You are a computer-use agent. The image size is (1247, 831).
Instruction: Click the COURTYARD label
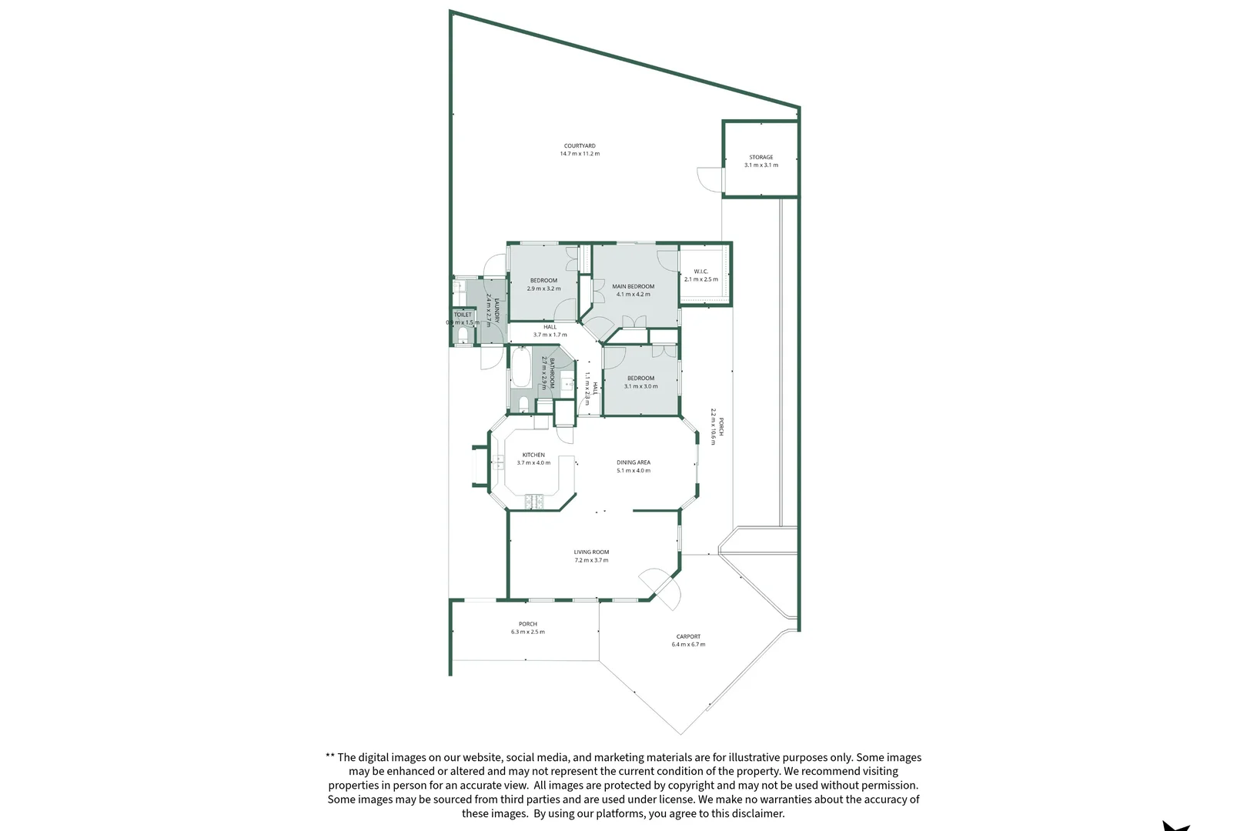[580, 146]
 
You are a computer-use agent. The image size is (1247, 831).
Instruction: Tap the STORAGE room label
[761, 157]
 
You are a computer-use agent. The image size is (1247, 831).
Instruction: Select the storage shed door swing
[709, 178]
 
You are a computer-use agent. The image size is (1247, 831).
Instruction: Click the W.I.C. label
[700, 272]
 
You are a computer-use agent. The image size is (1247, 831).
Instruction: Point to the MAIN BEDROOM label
[633, 286]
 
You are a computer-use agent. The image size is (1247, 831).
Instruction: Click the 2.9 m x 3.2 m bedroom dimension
[543, 289]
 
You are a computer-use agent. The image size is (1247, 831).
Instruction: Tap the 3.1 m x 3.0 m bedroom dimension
[640, 386]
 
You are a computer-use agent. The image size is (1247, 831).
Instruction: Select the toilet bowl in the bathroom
[523, 403]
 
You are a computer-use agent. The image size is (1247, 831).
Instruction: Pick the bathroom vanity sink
[567, 382]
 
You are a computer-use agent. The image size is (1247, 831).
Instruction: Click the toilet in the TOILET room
[463, 336]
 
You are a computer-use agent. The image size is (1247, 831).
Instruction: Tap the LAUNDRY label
[497, 309]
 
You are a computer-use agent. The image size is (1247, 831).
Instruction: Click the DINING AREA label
[633, 462]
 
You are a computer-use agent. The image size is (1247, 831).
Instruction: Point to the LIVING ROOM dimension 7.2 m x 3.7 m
[591, 561]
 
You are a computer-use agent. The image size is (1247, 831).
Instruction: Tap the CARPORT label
[688, 636]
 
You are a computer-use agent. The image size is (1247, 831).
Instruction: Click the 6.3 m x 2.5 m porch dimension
[527, 632]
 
